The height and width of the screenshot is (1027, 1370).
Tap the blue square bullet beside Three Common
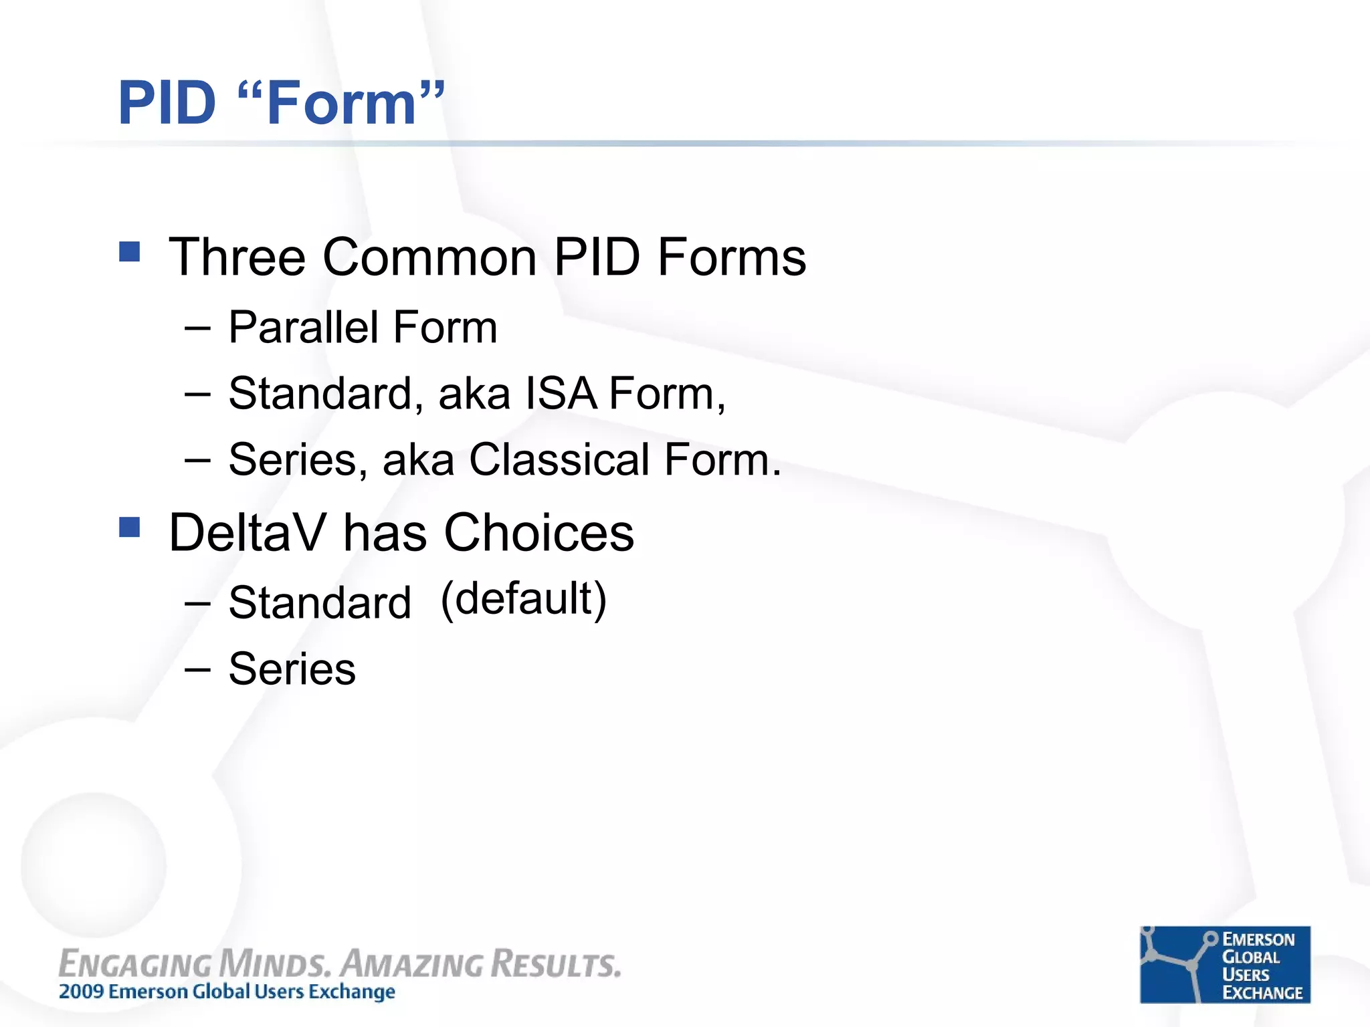coord(129,251)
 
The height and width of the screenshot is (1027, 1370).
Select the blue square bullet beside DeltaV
coord(129,527)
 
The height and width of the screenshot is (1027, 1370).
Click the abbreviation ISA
coord(561,393)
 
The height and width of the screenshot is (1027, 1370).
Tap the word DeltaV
coord(247,533)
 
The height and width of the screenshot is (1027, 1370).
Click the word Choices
coord(539,533)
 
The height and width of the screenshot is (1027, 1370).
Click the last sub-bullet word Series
coord(292,669)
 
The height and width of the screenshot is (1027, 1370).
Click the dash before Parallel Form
coord(197,328)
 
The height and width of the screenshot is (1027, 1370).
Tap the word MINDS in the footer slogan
coord(274,964)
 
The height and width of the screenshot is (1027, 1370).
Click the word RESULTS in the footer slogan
coord(556,964)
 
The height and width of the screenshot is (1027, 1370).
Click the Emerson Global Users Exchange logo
coord(1224,964)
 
